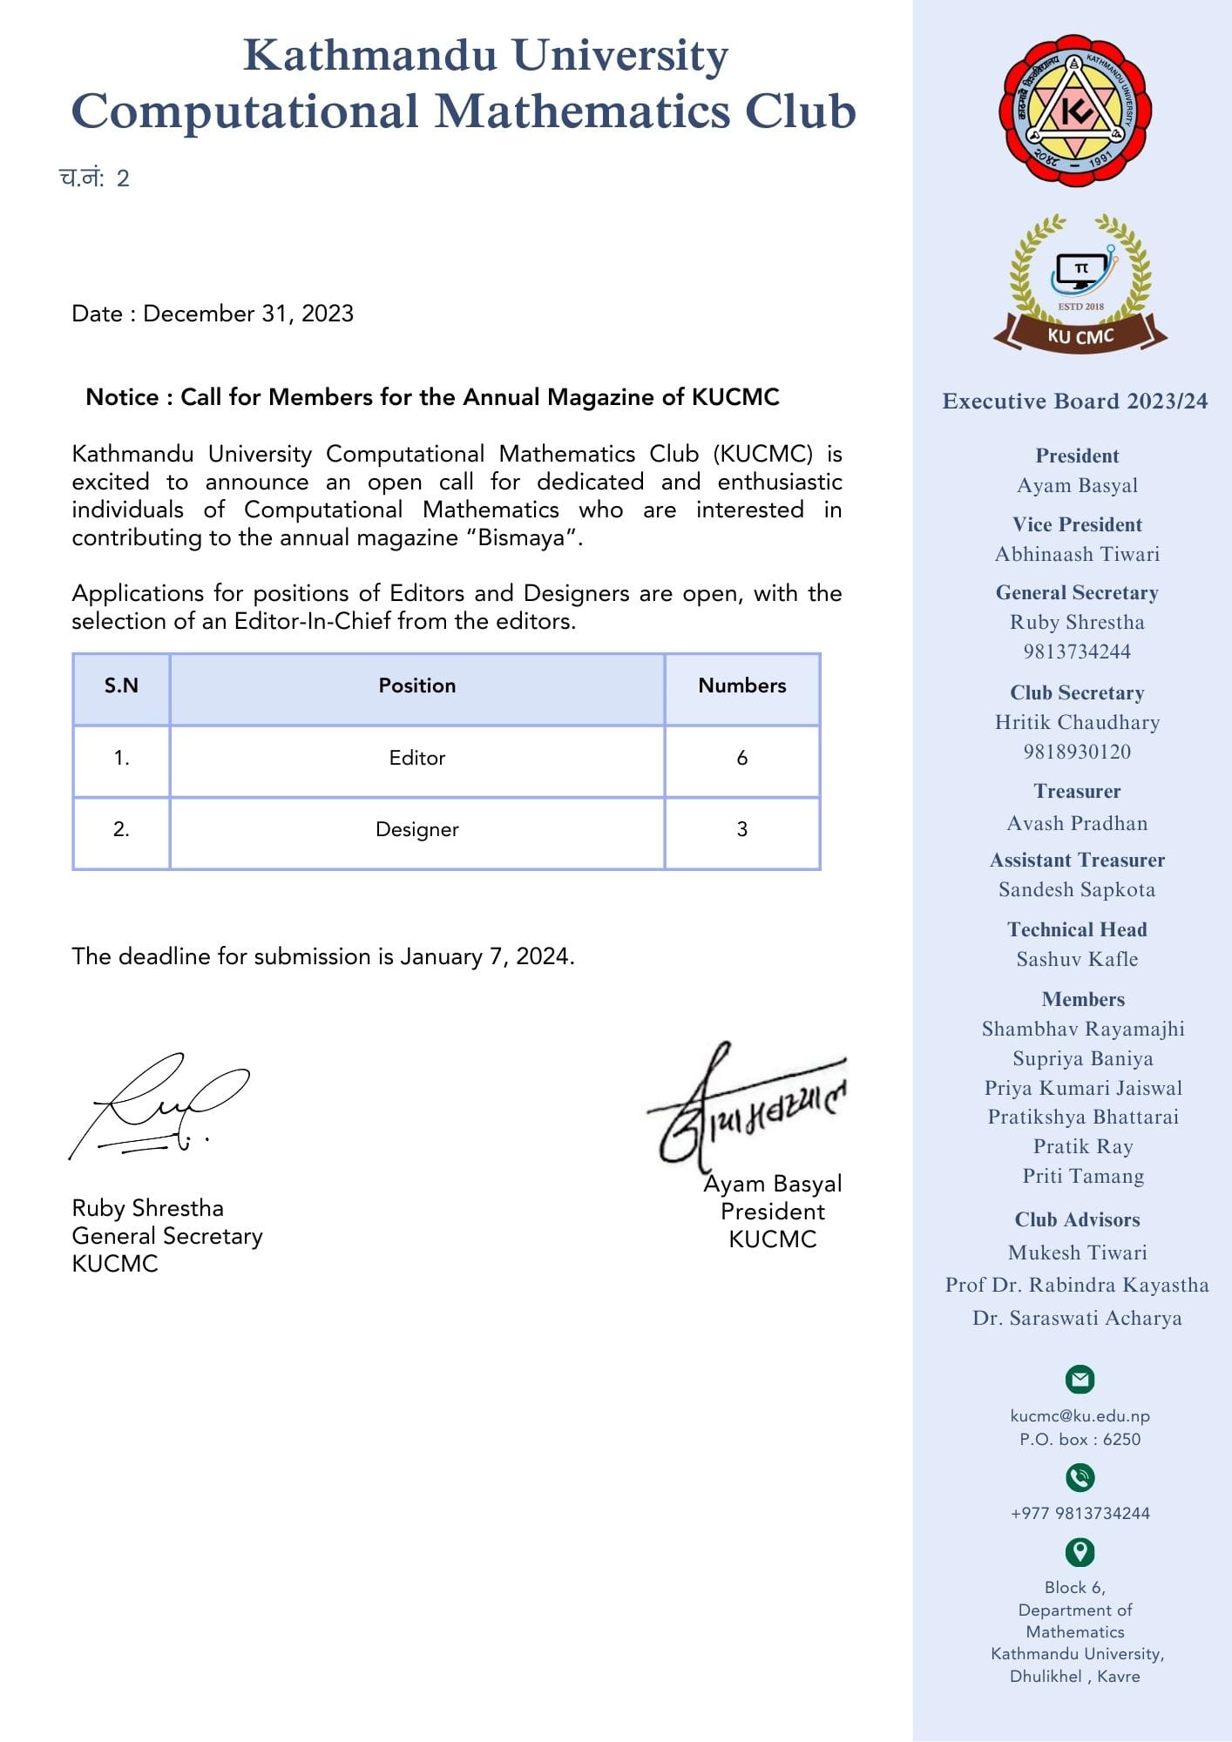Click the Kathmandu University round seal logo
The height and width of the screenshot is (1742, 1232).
pos(1075,110)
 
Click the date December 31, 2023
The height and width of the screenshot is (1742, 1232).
pos(248,314)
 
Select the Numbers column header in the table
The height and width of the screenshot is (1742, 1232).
pos(741,686)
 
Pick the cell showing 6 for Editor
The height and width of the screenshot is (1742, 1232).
pos(741,758)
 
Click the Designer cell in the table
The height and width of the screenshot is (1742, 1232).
pos(416,829)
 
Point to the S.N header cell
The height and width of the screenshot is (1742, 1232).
pos(121,686)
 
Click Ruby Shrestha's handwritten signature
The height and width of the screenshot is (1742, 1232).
pos(157,1106)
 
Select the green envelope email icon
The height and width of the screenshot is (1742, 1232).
pos(1080,1379)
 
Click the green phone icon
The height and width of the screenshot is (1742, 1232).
pos(1080,1477)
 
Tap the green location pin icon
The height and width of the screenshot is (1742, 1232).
pos(1080,1551)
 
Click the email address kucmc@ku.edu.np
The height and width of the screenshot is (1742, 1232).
pos(1080,1416)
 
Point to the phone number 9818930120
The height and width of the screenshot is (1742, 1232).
pos(1077,752)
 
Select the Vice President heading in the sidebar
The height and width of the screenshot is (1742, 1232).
pos(1077,524)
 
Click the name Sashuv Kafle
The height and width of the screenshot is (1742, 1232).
pos(1077,959)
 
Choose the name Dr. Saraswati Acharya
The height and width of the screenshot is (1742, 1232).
pos(1077,1318)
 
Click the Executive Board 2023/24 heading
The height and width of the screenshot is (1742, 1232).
pos(1075,402)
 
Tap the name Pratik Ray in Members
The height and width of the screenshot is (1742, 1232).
pos(1083,1146)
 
